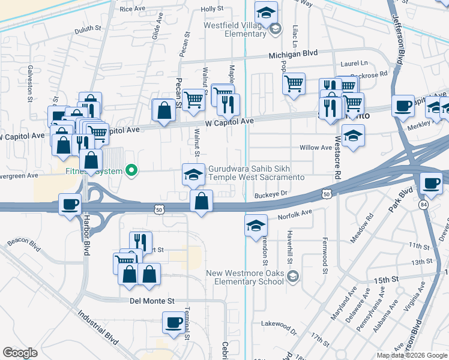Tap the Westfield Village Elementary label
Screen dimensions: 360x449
tap(237, 29)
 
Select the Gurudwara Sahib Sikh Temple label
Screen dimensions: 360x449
tap(256, 173)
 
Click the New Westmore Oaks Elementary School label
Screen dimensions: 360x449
tap(245, 277)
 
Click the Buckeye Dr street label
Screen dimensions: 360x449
tap(272, 194)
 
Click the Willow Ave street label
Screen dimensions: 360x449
tap(316, 148)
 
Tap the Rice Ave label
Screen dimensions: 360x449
tap(133, 9)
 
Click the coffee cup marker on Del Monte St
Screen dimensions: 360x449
tap(173, 322)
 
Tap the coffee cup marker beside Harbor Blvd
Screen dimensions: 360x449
tap(70, 204)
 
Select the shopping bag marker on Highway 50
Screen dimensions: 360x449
tap(202, 201)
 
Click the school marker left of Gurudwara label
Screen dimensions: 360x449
tap(193, 174)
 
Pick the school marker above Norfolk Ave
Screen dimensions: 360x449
tap(256, 226)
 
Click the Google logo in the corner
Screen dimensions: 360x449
tap(20, 352)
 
